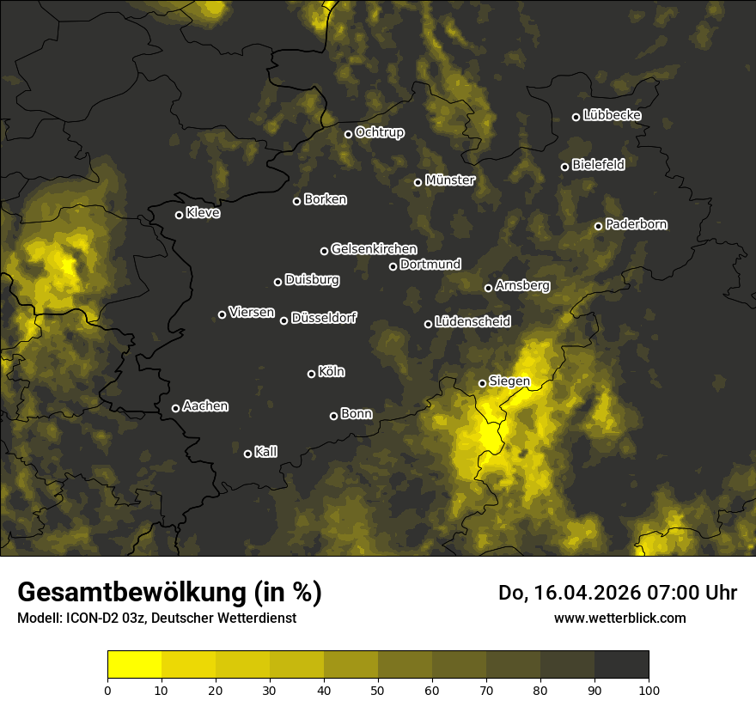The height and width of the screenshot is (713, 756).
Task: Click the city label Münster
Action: pyautogui.click(x=449, y=180)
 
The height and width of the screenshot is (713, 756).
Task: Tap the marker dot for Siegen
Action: pyautogui.click(x=482, y=384)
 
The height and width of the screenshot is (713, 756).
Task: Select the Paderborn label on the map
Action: pyautogui.click(x=636, y=224)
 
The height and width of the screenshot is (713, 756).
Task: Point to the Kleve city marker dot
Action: pyautogui.click(x=179, y=216)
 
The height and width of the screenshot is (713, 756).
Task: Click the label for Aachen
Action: pyautogui.click(x=205, y=406)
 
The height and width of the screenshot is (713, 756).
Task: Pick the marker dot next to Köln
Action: pyautogui.click(x=311, y=374)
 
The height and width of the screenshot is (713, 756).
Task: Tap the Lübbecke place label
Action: pyautogui.click(x=612, y=115)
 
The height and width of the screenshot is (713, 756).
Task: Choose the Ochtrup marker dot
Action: pyautogui.click(x=348, y=134)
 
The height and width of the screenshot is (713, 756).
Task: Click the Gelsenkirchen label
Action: pyautogui.click(x=374, y=249)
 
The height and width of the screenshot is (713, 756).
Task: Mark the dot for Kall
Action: pyautogui.click(x=247, y=454)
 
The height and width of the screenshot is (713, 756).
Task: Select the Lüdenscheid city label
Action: pyautogui.click(x=472, y=322)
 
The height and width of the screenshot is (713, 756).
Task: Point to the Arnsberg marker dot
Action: pyautogui.click(x=488, y=289)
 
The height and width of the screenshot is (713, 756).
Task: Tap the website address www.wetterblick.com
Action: pyautogui.click(x=619, y=618)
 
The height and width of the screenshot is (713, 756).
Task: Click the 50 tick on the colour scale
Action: pyautogui.click(x=378, y=689)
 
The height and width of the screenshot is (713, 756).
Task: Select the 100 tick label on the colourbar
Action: pyautogui.click(x=649, y=689)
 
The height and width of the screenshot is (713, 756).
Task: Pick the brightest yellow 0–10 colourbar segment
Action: pyautogui.click(x=135, y=665)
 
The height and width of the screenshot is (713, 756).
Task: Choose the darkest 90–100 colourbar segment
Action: pyautogui.click(x=621, y=665)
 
